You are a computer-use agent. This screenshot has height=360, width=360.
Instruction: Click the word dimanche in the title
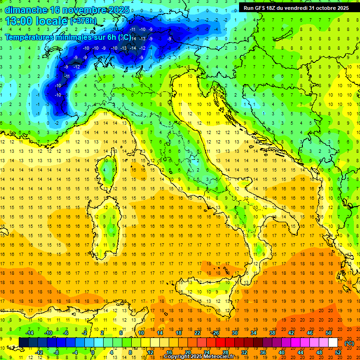point(25,9)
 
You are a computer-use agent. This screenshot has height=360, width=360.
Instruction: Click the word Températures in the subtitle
point(31,37)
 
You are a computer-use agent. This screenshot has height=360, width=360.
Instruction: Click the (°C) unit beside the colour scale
point(349,343)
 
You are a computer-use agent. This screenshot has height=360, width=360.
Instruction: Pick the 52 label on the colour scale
point(338,352)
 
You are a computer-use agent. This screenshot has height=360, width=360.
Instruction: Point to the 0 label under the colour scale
point(93,352)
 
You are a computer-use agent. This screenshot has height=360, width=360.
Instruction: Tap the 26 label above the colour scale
point(215,333)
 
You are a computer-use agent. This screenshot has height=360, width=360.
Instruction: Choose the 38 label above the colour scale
point(272,333)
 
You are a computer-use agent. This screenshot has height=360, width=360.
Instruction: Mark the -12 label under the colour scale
point(39,352)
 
